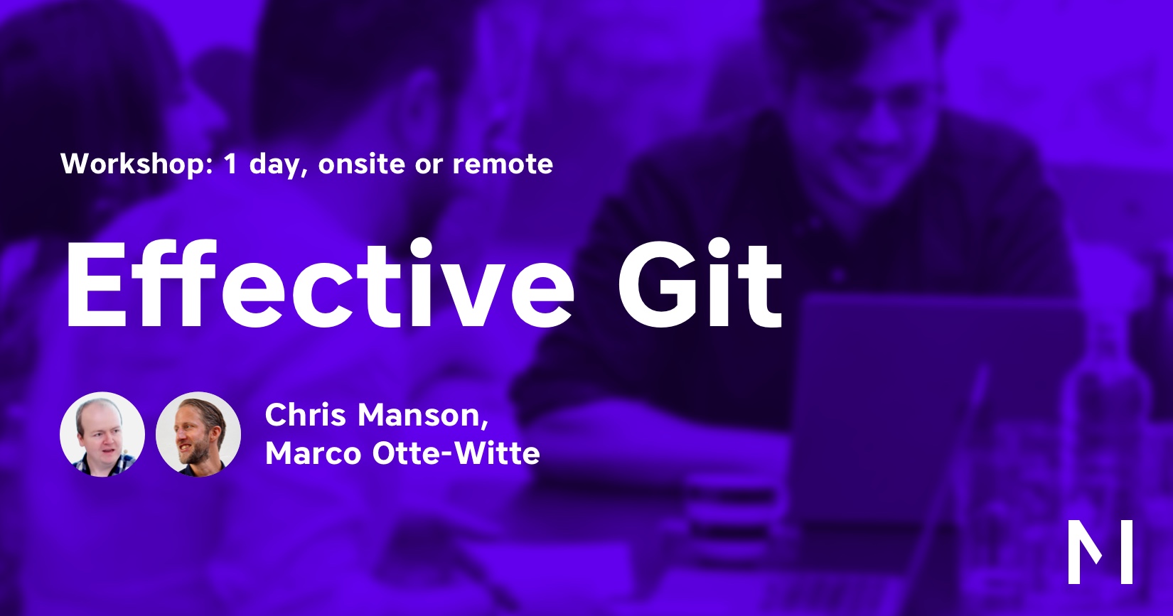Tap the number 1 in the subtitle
pos(230,164)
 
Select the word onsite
pos(362,164)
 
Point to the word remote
pos(503,165)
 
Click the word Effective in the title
pos(320,283)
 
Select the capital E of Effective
pos(97,284)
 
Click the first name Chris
pos(305,415)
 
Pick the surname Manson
pos(419,415)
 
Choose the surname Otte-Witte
pos(456,453)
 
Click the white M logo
pos(1100,551)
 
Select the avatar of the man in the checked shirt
pos(102,434)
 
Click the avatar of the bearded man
pos(198,434)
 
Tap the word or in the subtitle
pos(429,167)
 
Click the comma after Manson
pos(485,424)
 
